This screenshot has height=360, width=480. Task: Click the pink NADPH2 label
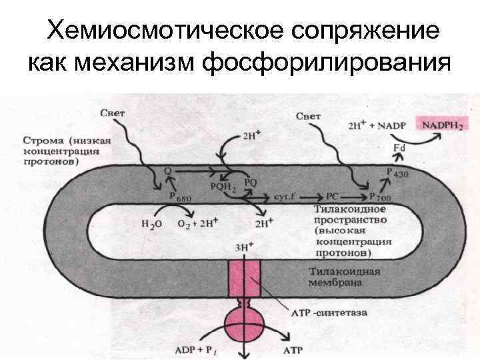441,124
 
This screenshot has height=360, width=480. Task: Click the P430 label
397,172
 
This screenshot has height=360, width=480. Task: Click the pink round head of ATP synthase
245,326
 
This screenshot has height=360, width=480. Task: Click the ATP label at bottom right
294,348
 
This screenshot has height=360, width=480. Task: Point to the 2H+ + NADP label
377,125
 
